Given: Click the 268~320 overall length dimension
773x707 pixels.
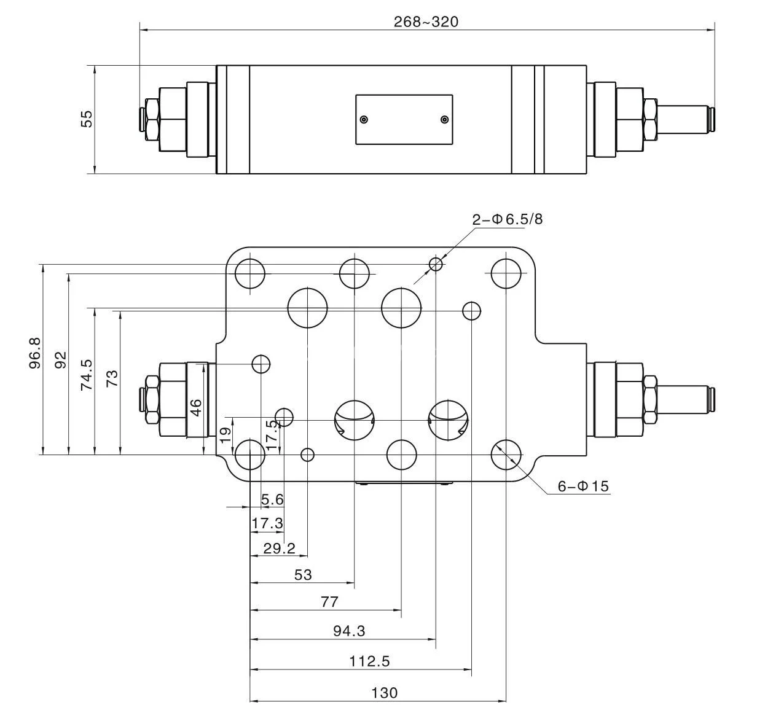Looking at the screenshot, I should click(426, 21).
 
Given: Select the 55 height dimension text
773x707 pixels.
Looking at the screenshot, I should click(87, 119).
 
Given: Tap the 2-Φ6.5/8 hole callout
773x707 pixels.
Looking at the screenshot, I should click(508, 219).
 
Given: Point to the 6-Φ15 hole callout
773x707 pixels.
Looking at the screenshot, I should click(583, 486).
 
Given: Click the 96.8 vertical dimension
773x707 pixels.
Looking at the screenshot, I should click(35, 353).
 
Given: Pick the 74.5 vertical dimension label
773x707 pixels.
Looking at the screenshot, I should click(87, 375).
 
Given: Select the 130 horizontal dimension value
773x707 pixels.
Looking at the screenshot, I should click(385, 693).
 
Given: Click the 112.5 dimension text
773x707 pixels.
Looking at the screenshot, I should click(369, 662).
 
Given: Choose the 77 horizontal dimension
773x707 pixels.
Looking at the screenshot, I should click(329, 602).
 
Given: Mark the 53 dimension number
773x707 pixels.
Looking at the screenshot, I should click(303, 575).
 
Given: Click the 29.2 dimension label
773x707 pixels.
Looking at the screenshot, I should click(279, 549).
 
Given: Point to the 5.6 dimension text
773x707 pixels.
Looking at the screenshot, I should click(272, 499).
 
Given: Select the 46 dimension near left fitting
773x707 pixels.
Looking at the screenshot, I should click(195, 407).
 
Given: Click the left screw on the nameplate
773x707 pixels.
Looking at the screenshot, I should click(364, 119).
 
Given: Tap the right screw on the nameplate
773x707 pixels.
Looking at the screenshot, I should click(445, 119).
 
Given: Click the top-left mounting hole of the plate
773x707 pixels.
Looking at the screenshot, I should click(250, 273).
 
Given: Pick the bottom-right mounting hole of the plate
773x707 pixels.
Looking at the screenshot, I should click(506, 455).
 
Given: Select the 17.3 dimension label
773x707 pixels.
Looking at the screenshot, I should click(267, 523).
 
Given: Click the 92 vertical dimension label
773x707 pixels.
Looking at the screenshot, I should click(60, 360).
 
